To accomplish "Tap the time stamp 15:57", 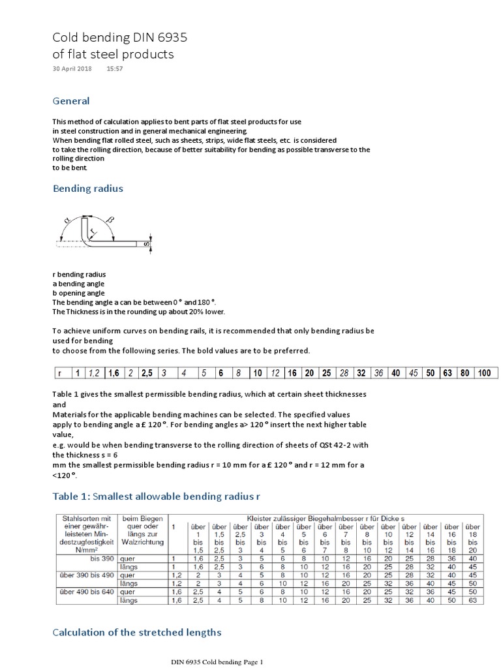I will point(115,68).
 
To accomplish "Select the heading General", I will point(70,101).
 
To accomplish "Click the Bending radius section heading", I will point(87,189).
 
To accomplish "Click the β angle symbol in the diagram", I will point(109,220).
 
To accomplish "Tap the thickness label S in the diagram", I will point(146,245).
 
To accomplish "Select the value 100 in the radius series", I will point(483,373).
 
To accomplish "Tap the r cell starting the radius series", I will point(60,373).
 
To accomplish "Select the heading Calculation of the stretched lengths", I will point(137,631).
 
